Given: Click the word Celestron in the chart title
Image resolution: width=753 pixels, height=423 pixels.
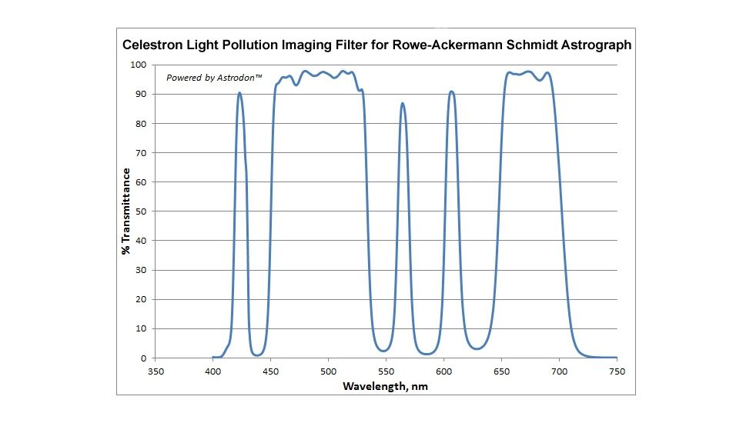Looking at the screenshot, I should [x=153, y=45].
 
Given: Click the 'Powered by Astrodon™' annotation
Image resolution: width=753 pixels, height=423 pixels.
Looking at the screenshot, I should [x=205, y=78].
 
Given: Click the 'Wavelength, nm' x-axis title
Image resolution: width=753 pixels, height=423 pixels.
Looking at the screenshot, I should [x=386, y=386].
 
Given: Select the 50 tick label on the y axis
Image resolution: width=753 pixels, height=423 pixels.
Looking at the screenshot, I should [x=141, y=211].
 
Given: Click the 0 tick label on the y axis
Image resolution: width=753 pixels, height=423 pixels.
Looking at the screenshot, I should [x=144, y=358].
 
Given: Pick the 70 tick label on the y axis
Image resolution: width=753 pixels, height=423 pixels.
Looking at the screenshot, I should [x=141, y=153].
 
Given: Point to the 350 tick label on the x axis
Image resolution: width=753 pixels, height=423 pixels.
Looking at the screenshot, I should [x=156, y=371].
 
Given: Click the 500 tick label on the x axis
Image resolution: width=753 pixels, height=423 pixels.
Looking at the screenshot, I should [x=328, y=371].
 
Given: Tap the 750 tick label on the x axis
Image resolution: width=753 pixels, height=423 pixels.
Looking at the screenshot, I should [x=617, y=371].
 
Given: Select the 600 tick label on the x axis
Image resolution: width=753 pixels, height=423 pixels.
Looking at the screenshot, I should [x=443, y=371].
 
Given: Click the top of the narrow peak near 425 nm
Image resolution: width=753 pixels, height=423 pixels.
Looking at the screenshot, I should [x=240, y=93].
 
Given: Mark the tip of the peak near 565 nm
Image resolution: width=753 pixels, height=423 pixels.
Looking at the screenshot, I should [x=402, y=103].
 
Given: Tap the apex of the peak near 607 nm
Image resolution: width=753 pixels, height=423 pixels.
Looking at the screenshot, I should [x=451, y=92].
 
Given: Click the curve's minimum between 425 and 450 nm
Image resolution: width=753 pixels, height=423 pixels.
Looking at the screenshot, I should [x=258, y=355].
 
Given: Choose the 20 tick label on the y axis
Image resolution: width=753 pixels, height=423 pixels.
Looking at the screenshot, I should [x=141, y=300].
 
